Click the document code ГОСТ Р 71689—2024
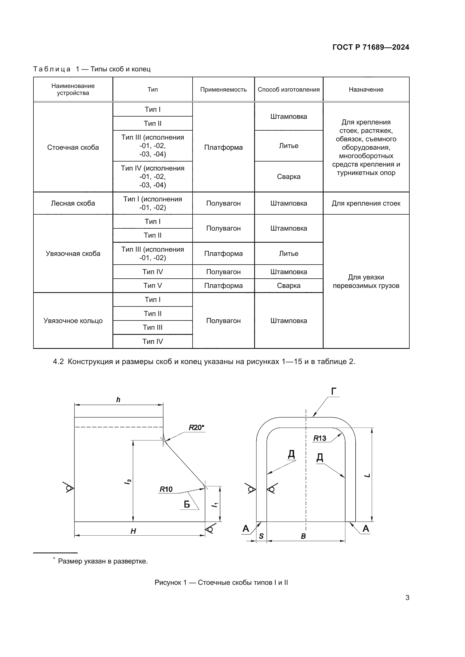tap(371, 47)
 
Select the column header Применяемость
tap(223, 90)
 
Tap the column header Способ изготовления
tap(289, 90)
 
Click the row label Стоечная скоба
tap(73, 147)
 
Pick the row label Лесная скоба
tap(73, 203)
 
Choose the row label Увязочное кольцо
tap(73, 320)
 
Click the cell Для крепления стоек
tap(366, 203)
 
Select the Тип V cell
tap(153, 286)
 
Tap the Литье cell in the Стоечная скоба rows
tap(289, 146)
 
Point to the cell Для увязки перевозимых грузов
tap(366, 281)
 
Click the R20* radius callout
tap(197, 428)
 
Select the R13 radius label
tap(320, 438)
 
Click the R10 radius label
tap(166, 489)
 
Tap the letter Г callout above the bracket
tap(334, 392)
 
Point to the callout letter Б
tap(187, 504)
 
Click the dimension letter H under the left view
tap(133, 531)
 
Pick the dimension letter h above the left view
tap(118, 400)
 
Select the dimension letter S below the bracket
tap(261, 536)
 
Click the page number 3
tap(407, 597)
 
